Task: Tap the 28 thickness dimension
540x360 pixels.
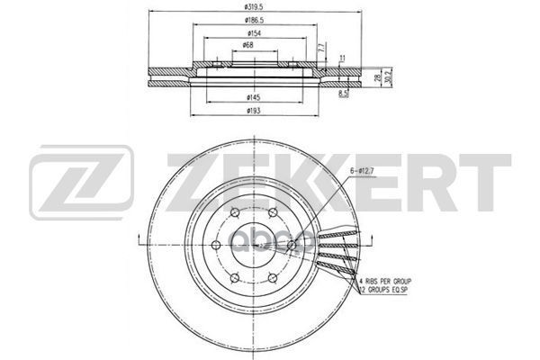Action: pyautogui.click(x=376, y=78)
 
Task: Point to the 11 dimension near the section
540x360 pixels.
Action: pyautogui.click(x=343, y=58)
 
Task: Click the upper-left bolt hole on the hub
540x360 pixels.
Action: pyautogui.click(x=233, y=212)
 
